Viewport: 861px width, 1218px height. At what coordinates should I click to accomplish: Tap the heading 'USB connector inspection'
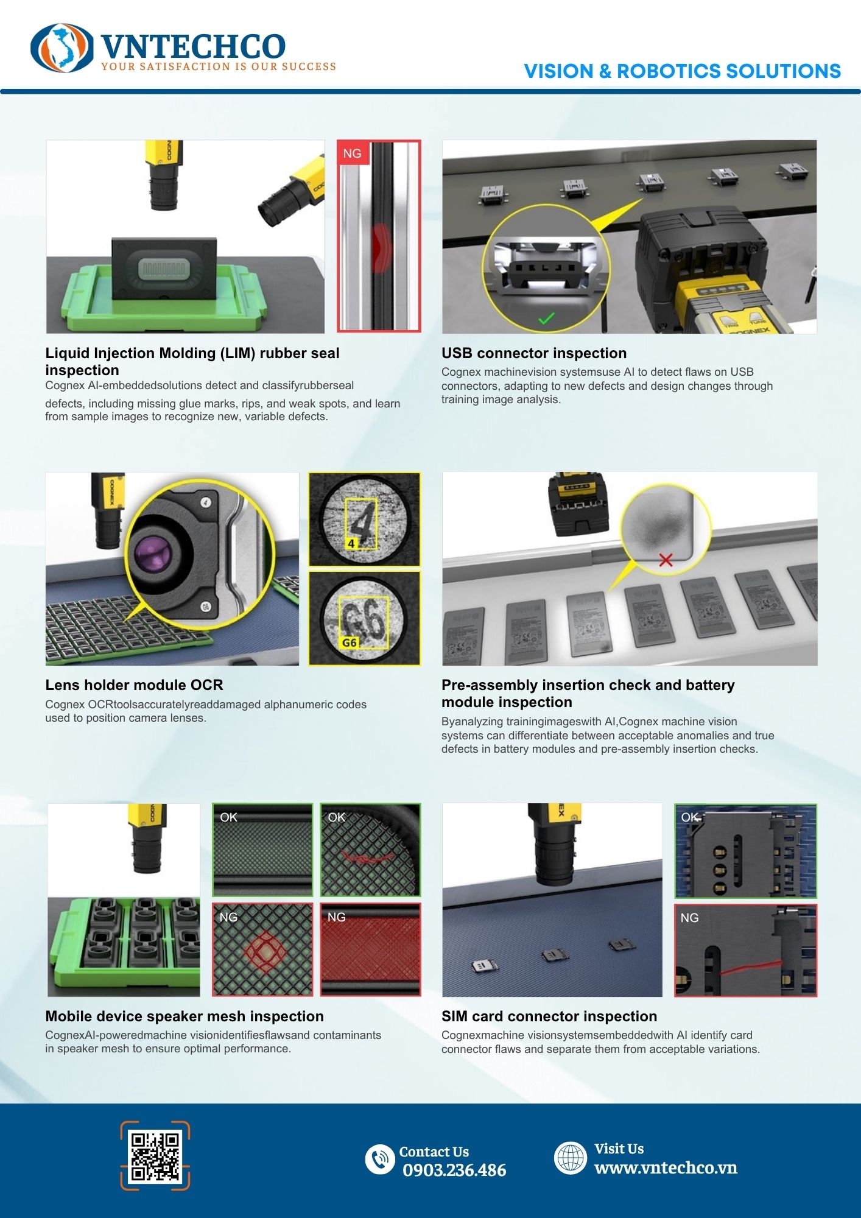[534, 353]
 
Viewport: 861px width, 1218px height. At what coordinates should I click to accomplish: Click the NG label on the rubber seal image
[352, 153]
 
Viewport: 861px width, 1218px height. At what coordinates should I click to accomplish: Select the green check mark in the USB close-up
[546, 318]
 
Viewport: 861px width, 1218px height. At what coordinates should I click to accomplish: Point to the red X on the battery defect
[666, 560]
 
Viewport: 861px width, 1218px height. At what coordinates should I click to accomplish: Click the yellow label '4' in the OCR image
[351, 543]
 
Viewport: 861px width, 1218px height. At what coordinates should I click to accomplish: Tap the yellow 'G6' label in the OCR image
[350, 642]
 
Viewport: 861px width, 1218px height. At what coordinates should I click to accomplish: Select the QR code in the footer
[155, 1156]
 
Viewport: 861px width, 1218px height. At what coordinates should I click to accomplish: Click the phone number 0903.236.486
[454, 1170]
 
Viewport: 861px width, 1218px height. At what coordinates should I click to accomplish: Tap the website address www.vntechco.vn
[666, 1167]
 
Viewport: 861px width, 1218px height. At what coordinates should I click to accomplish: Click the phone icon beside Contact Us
[380, 1159]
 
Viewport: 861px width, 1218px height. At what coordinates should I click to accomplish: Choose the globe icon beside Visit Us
[571, 1157]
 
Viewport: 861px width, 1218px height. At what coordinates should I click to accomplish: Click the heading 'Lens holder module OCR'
[134, 685]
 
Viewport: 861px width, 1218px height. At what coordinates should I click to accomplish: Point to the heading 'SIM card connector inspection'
[549, 1016]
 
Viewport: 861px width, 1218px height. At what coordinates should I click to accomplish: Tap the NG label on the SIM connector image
[689, 918]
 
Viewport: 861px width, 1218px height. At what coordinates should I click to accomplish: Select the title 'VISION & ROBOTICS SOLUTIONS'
[682, 71]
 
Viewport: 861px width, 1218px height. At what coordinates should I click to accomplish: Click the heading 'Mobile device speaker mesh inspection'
[184, 1016]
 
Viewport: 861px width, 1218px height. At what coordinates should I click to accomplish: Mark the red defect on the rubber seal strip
[381, 247]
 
